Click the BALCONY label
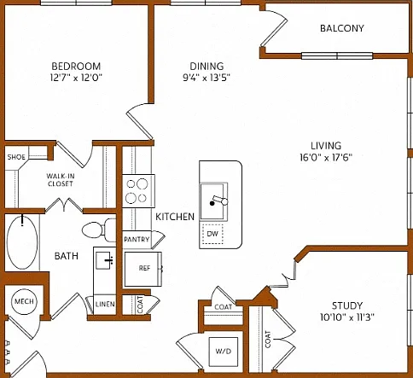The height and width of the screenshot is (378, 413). [342, 28]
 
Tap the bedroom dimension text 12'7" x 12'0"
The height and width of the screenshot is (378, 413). [76, 78]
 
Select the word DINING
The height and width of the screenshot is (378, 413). [206, 67]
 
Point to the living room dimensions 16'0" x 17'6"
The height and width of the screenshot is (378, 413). [326, 157]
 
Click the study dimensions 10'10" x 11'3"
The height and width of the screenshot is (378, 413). [347, 317]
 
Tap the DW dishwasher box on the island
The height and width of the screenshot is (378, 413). [212, 234]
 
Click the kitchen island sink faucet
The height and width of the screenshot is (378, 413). [219, 201]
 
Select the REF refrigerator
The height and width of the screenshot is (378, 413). [143, 269]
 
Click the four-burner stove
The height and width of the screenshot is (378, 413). [139, 191]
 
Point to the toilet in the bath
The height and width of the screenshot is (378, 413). [99, 230]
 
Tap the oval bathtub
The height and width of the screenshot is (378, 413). [22, 242]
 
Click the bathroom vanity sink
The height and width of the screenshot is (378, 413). [105, 260]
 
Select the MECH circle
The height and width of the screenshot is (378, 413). [24, 301]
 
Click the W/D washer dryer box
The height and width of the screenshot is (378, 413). [224, 352]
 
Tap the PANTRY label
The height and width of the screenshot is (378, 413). [137, 240]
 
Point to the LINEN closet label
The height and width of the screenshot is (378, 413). [105, 304]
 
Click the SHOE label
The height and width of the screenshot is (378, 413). [16, 157]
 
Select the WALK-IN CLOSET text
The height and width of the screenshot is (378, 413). [61, 180]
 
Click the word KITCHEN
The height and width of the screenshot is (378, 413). [175, 217]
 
